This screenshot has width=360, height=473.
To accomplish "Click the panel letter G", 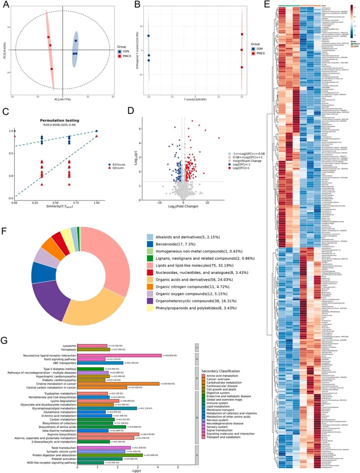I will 4,340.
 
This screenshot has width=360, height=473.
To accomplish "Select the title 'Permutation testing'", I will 59,120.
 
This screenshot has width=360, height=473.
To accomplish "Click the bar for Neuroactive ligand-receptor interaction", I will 119,356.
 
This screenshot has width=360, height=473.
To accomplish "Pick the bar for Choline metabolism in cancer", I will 118,384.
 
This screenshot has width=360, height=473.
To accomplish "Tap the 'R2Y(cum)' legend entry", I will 119,164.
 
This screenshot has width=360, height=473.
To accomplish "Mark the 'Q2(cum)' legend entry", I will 118,168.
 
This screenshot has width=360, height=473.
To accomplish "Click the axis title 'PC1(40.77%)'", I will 62,99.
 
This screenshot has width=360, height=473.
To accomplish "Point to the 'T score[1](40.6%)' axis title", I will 195,99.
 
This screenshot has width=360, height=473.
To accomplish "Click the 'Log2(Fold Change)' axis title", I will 183,206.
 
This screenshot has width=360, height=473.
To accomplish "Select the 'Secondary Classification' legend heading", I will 221,371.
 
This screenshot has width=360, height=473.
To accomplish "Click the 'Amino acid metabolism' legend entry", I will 222,376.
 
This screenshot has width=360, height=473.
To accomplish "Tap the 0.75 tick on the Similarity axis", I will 76,203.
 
